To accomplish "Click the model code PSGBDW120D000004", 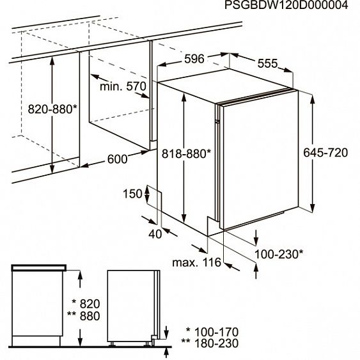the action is tap(286, 5).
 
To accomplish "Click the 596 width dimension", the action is tap(194, 59).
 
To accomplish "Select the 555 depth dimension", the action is tap(267, 63).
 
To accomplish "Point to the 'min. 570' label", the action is tap(123, 86).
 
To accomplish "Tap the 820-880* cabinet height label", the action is tap(52, 109).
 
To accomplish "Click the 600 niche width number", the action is tap(117, 159).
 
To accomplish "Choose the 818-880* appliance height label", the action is tap(186, 154).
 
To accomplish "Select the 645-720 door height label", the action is tap(325, 153).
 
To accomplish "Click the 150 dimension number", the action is tap(133, 194).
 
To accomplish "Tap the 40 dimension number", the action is tap(155, 234).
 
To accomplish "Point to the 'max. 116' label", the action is tap(196, 262).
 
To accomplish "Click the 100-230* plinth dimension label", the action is tap(279, 254).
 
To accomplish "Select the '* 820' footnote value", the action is tap(86, 304).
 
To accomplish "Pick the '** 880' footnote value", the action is tap(84, 316).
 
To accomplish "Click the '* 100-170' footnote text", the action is tap(212, 332).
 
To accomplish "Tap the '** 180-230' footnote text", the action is tap(210, 343).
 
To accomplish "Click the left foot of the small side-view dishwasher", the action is tap(112, 344).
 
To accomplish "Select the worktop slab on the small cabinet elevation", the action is tap(39, 268).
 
